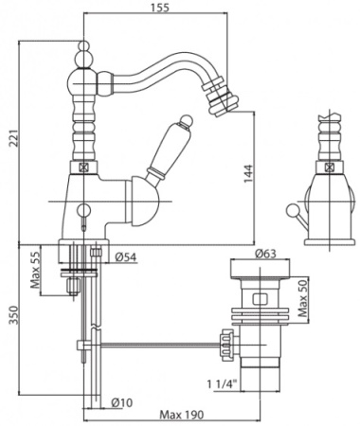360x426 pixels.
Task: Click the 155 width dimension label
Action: point(159,7)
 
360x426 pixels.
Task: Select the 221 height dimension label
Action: point(13,138)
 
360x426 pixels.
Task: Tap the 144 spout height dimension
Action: point(248,173)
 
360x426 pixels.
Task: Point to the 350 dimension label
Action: point(13,315)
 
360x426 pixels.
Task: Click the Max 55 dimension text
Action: point(35,271)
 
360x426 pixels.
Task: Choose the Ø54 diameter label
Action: point(126,257)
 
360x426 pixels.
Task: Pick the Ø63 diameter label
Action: point(265,254)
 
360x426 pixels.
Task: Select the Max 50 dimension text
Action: point(303,298)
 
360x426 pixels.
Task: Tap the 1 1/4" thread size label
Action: point(223,384)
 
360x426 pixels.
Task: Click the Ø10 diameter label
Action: point(122,403)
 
